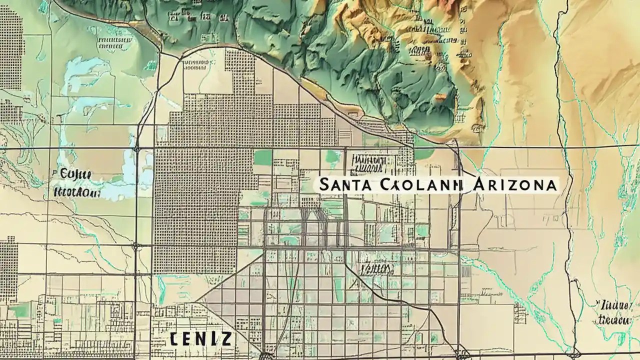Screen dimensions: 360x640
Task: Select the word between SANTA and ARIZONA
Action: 420,184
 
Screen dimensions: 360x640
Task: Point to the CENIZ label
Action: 200,339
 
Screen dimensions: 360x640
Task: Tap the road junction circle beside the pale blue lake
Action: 136,149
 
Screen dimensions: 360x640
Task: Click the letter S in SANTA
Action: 323,184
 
